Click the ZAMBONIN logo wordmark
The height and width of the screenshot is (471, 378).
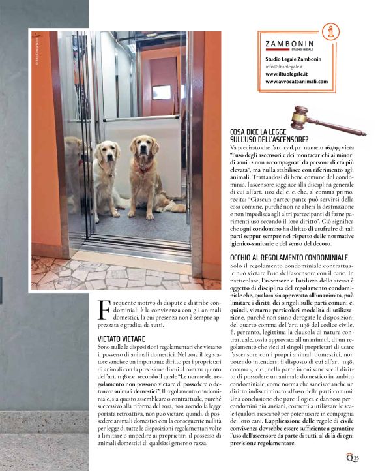(293, 44)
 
